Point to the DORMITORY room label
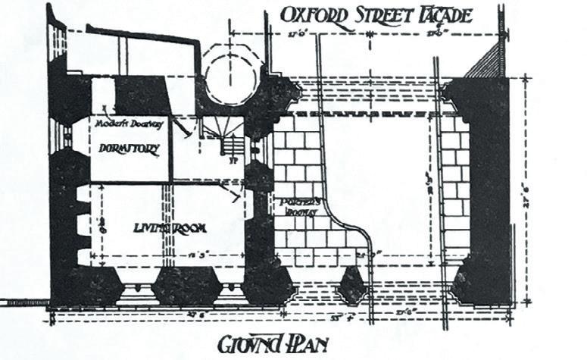click(130, 149)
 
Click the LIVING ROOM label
click(170, 227)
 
